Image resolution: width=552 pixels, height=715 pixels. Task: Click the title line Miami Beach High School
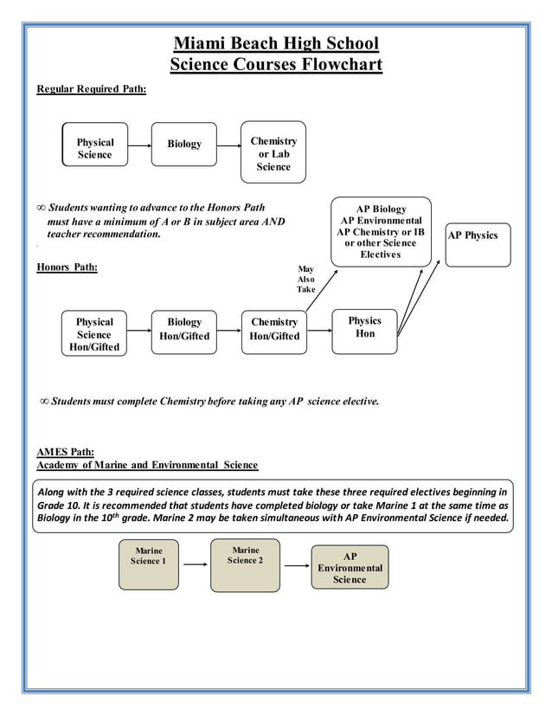[x=276, y=43]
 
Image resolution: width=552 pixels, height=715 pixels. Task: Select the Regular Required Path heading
[x=91, y=89]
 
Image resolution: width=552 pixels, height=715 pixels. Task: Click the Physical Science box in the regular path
[x=95, y=148]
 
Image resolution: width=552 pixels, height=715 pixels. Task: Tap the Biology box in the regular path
[x=184, y=144]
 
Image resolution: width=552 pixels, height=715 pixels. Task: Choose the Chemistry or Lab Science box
[x=273, y=153]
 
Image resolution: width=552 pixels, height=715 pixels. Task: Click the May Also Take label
[x=306, y=280]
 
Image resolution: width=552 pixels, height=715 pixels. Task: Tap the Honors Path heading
[x=67, y=267]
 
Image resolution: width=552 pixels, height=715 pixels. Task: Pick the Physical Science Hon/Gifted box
[x=94, y=334]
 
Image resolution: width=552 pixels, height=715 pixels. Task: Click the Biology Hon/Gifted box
[x=184, y=329]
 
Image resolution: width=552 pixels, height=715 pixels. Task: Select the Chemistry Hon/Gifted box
[x=274, y=329]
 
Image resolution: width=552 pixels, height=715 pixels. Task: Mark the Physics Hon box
[x=364, y=329]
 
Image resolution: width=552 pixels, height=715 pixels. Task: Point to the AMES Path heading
[x=65, y=451]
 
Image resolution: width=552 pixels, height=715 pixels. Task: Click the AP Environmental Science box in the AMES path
[x=350, y=568]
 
